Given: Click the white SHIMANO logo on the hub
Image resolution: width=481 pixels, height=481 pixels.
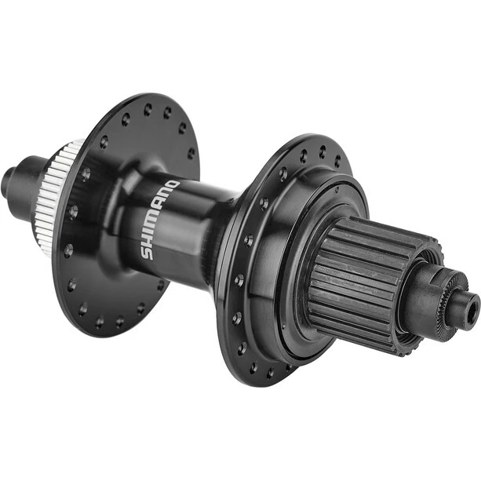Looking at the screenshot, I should click(x=159, y=219).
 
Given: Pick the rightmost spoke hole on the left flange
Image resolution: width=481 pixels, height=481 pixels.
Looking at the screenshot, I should click(x=191, y=153).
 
